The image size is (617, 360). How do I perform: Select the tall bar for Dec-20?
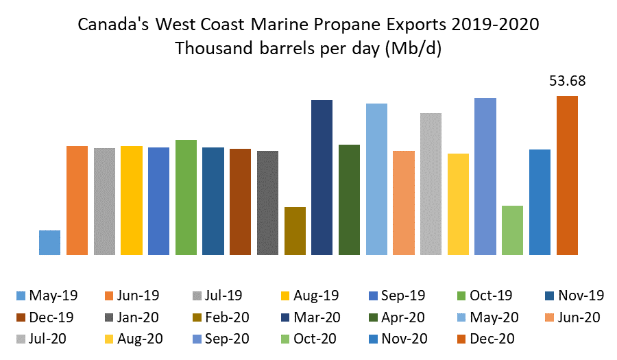(567, 176)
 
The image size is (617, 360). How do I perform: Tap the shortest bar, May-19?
(49, 243)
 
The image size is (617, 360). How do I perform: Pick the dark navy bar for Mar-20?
(322, 178)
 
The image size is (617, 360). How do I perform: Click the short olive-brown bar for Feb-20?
(295, 231)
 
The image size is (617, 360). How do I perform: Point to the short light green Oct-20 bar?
(513, 230)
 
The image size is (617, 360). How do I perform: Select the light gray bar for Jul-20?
(431, 184)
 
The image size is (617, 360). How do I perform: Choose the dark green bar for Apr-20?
(350, 200)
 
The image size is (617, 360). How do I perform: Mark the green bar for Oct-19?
(186, 197)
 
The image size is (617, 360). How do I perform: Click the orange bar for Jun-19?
(77, 200)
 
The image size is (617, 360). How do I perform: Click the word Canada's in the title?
(114, 25)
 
